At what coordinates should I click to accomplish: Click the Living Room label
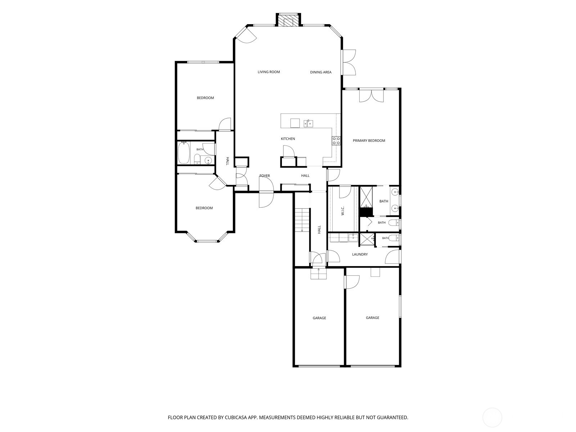[269, 72]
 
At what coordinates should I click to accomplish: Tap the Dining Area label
[321, 72]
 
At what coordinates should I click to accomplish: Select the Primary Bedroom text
[369, 141]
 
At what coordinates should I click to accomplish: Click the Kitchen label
[288, 139]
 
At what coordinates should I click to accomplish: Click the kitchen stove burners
[336, 141]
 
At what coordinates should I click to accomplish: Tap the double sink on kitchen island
[308, 123]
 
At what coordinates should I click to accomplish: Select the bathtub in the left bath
[183, 153]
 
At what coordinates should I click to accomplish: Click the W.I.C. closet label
[343, 211]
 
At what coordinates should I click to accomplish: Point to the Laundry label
[360, 255]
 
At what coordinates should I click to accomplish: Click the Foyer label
[265, 176]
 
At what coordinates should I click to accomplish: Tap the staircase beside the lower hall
[302, 220]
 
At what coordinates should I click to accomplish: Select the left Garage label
[319, 318]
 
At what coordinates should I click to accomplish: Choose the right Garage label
[372, 318]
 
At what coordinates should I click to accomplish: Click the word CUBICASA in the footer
[236, 417]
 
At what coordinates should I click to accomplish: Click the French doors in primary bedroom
[371, 96]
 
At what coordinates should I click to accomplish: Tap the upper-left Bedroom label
[205, 98]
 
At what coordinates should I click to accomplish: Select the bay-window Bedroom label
[204, 208]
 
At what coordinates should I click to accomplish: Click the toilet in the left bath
[197, 159]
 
